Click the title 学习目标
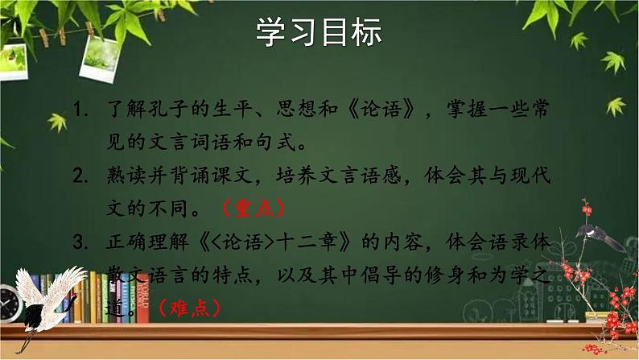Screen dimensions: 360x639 [319, 33]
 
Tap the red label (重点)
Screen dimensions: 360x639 [253, 207]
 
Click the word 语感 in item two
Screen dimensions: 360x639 [385, 175]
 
